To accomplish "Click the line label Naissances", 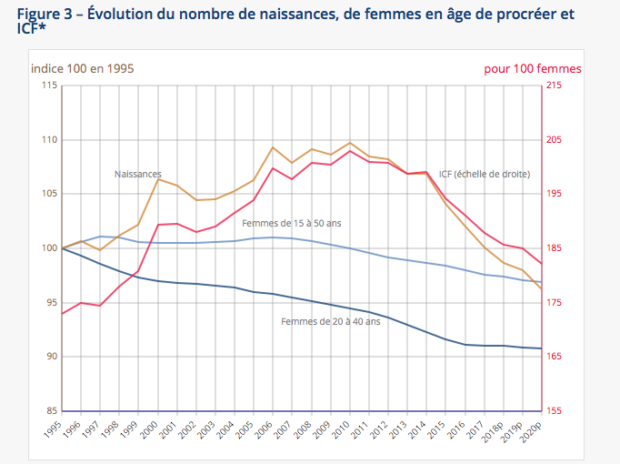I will click(138, 174).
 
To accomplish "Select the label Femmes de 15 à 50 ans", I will click(292, 223).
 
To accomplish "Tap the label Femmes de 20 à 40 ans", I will click(330, 321).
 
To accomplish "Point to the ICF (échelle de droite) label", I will click(484, 174).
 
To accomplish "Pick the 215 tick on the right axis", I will click(554, 86).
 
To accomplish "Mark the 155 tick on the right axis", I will click(554, 410).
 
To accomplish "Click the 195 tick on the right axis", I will click(554, 194).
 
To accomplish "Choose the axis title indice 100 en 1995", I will click(83, 68).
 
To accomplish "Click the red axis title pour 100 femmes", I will click(533, 68).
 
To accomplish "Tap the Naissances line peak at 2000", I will click(158, 179).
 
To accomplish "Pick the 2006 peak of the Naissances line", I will click(274, 147).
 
